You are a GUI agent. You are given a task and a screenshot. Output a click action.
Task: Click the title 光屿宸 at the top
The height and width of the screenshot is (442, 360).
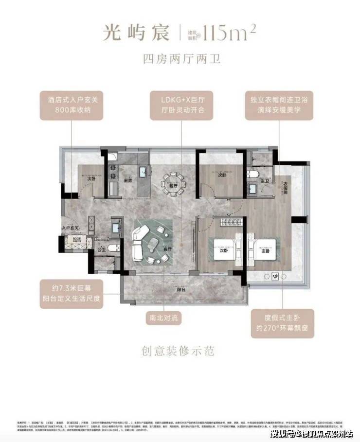point(138,33)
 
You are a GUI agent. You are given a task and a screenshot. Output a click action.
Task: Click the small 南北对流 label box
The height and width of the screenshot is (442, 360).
point(165,319)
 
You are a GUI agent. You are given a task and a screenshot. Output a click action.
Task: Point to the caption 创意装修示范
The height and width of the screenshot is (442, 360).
point(180,350)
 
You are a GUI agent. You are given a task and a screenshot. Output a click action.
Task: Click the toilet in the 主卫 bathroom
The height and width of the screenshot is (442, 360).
point(252,174)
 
